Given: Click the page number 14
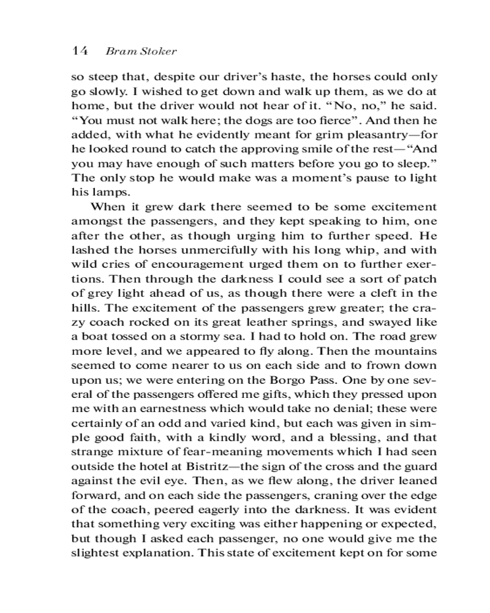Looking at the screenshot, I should point(80,51).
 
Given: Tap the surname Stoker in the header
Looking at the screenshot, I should point(159,51).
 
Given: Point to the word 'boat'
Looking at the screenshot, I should point(96,326).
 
